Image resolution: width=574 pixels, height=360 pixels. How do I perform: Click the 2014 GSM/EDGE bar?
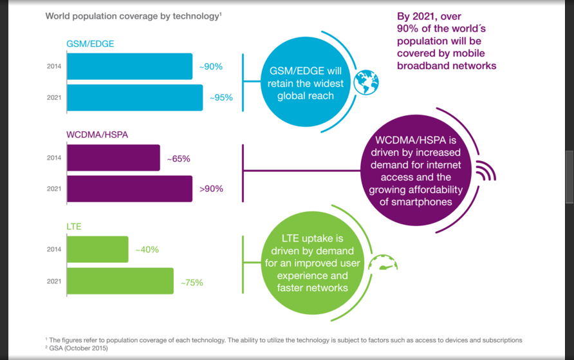point(129,66)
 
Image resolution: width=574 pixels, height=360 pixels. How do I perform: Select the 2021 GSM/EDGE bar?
point(134,98)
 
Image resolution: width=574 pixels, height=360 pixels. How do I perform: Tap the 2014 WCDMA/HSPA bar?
point(113,158)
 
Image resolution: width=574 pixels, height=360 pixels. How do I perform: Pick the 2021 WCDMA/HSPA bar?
point(129,189)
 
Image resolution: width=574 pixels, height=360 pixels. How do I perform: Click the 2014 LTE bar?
point(97,249)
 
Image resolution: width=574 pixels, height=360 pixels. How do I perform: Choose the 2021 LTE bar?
point(120,281)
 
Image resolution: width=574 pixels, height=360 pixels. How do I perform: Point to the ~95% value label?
point(221,98)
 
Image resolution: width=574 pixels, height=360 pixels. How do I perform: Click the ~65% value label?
point(178,158)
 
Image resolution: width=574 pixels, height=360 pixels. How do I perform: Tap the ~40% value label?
point(146,249)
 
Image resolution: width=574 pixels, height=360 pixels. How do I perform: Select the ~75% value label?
point(191,282)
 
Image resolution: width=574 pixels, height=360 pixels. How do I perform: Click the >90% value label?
point(210,189)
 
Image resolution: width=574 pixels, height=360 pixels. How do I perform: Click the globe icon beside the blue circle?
point(366,82)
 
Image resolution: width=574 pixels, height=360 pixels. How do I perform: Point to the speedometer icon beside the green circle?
point(385,262)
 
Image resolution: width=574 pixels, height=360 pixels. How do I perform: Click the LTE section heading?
point(74,227)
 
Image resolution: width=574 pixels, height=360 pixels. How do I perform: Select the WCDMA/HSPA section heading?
point(97,135)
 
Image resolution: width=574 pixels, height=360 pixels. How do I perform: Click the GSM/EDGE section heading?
point(90,44)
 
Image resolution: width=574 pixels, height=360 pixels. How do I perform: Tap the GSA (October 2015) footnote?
point(77,348)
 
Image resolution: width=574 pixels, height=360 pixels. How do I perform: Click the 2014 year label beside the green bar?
point(54,249)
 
